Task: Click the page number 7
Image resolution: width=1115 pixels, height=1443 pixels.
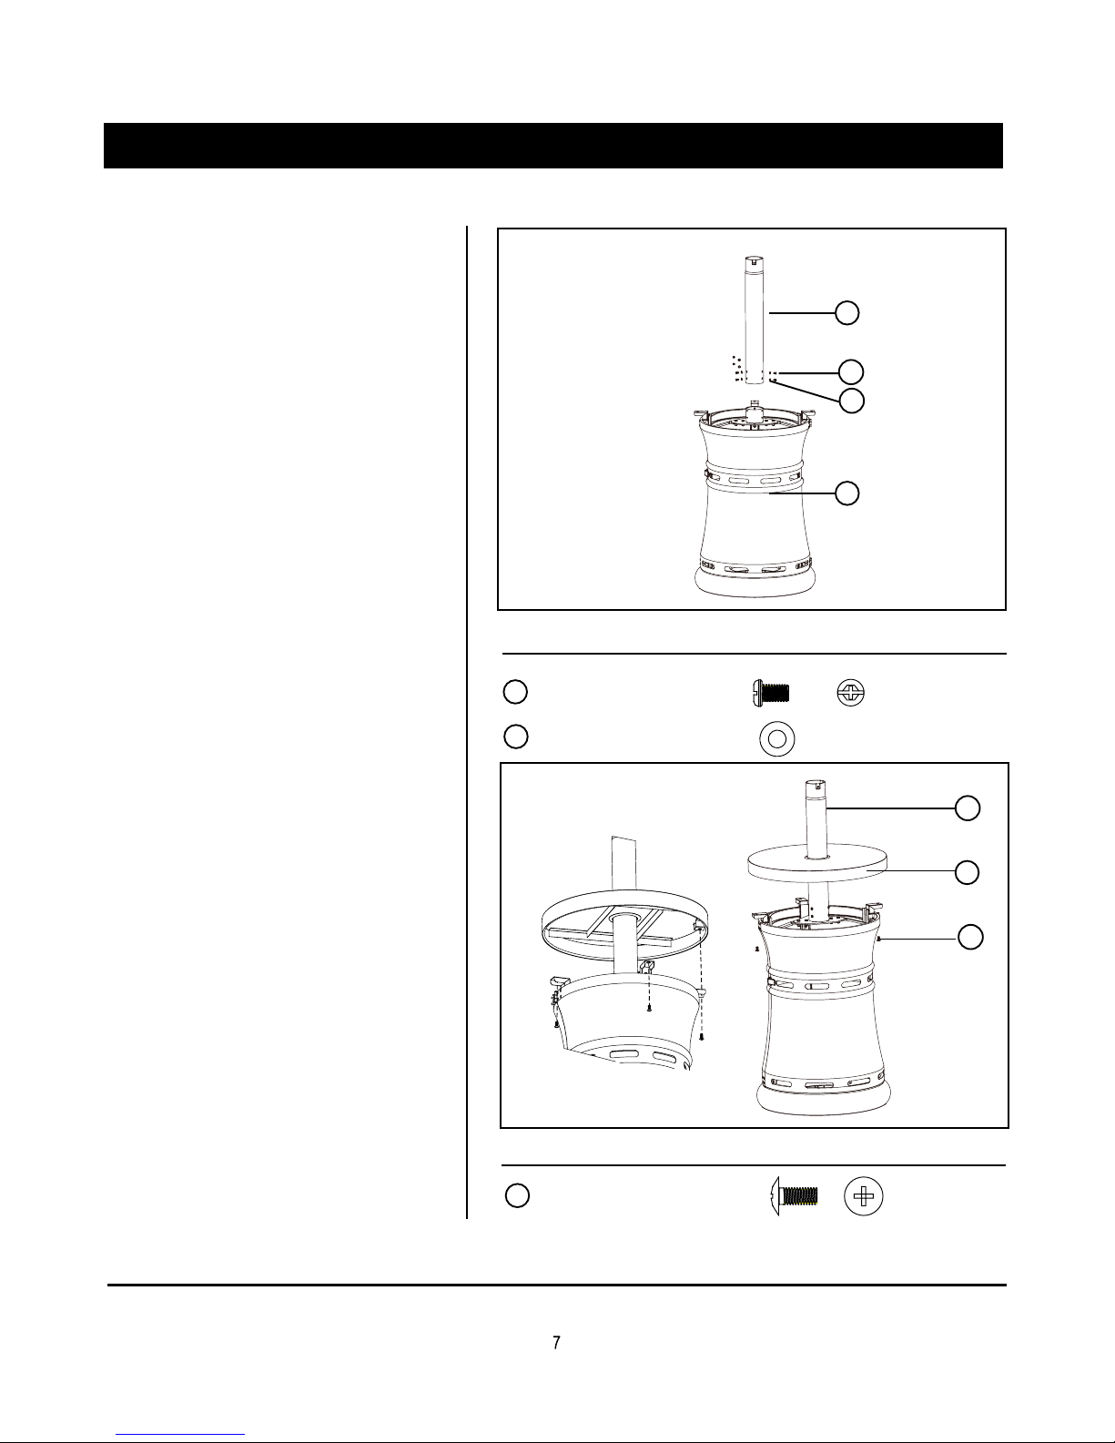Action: click(556, 1343)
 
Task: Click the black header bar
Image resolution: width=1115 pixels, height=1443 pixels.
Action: click(552, 146)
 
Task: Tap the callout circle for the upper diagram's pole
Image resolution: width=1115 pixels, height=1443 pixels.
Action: click(846, 313)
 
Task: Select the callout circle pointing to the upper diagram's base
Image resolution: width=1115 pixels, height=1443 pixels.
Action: click(846, 493)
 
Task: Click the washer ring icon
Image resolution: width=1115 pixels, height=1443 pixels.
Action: click(777, 738)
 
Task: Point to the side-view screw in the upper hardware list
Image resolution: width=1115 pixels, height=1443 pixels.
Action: click(771, 694)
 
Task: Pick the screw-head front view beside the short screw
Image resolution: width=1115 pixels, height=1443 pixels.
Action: click(851, 693)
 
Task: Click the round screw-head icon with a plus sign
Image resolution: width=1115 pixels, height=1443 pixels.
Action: click(864, 1196)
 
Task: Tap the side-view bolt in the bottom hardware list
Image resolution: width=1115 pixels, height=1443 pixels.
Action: click(794, 1196)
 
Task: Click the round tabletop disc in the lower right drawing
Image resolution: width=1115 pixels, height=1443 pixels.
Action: click(817, 862)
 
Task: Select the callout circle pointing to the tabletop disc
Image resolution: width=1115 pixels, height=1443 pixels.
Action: click(967, 872)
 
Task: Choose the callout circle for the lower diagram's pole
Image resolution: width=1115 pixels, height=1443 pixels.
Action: click(967, 808)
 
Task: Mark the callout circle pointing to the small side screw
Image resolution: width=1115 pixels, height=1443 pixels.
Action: click(969, 937)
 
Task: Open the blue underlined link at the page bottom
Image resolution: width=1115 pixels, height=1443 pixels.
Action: click(180, 1436)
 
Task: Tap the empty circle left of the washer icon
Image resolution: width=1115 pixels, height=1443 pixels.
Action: click(516, 737)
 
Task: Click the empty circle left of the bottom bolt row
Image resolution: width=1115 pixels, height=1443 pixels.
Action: click(517, 1195)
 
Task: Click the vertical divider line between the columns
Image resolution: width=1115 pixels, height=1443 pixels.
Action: click(467, 722)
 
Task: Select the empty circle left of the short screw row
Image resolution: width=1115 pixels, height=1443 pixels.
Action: click(515, 692)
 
